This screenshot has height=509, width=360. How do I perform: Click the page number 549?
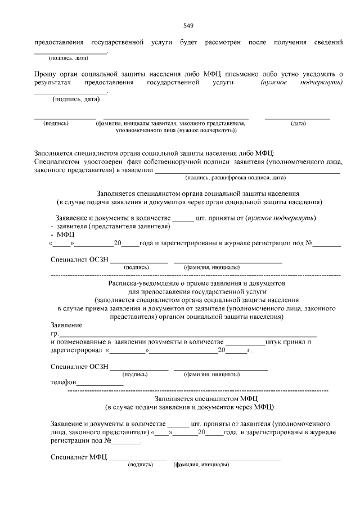click(x=188, y=26)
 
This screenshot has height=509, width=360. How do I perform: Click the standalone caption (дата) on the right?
click(x=298, y=123)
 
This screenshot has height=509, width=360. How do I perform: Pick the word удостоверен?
click(x=98, y=161)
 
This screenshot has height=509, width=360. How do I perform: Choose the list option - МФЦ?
click(x=62, y=234)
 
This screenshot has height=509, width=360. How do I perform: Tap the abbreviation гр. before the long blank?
click(x=55, y=334)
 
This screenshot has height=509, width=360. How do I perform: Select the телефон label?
click(x=62, y=382)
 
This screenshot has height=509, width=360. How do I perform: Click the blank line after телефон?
click(x=99, y=384)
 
